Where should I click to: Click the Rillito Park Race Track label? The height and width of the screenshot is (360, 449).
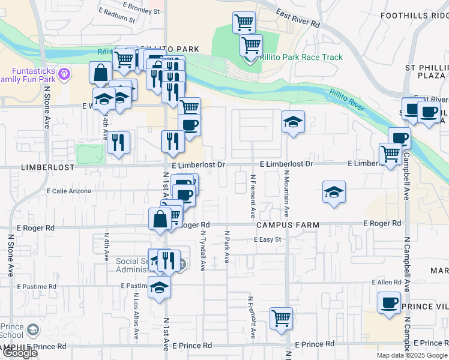coord(301,58)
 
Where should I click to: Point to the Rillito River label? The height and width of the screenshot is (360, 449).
coord(347,100)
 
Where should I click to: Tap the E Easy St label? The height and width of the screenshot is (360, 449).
coord(268,239)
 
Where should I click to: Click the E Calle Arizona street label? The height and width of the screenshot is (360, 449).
coord(69,191)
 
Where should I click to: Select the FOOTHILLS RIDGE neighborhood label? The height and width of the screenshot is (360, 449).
coord(414,16)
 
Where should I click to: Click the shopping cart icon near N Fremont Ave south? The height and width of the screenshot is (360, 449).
coord(281,318)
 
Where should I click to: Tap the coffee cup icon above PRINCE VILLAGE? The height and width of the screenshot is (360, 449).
coord(389,302)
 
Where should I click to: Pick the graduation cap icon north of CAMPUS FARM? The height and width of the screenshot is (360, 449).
coord(334,192)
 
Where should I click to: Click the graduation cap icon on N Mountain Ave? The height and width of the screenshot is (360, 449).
coord(293,122)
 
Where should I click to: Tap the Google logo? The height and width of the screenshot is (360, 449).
coord(19,352)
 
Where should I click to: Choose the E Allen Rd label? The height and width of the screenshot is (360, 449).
coord(386,282)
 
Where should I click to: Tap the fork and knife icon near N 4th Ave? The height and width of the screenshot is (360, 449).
coord(118,142)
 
